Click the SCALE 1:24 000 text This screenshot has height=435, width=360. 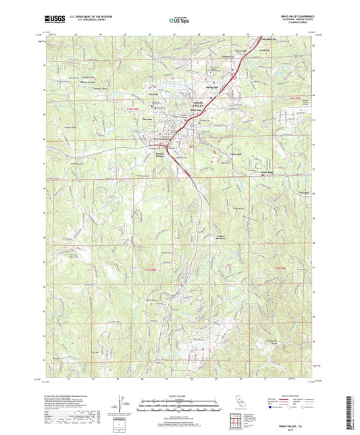pyautogui.click(x=179, y=396)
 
